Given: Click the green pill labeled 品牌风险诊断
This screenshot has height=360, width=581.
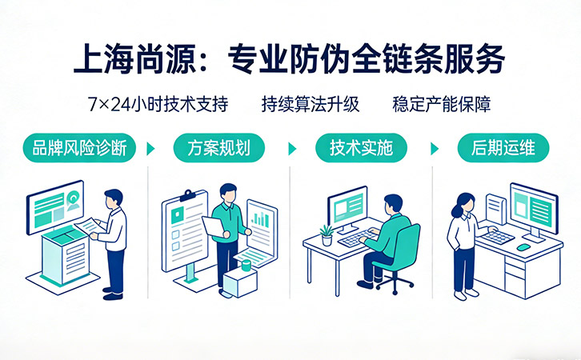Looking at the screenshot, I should tap(79, 148).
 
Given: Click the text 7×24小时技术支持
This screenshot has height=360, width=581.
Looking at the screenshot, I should tap(159, 104).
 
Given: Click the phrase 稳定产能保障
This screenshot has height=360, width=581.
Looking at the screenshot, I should tap(442, 104).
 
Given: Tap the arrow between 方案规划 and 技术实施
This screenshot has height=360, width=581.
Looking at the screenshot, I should tap(292, 149).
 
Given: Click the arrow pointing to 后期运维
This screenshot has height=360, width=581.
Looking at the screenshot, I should tap(435, 149).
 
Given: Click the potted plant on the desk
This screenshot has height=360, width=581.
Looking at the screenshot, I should tap(327, 234).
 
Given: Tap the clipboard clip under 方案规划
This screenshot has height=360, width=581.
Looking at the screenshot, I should tap(187, 195).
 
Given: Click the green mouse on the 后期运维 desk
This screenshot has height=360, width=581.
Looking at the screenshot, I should tap(523, 247).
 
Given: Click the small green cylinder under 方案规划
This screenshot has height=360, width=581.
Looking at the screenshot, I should tap(246, 263).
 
